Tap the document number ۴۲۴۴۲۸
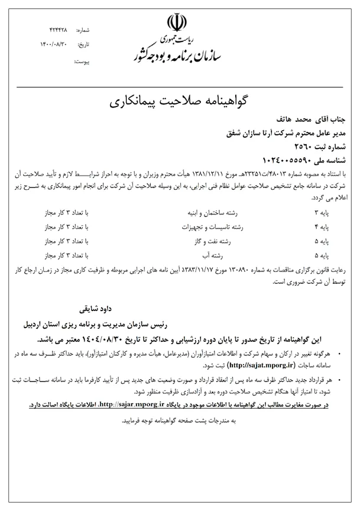pos(59,29)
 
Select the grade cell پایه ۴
pos(338,226)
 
